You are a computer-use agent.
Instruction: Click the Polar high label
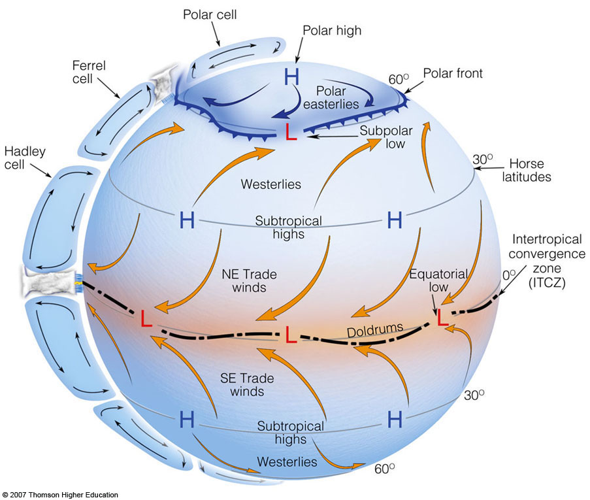[332, 31]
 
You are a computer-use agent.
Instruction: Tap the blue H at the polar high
[291, 77]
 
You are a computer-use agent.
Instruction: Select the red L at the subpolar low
[291, 132]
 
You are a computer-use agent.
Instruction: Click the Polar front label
[453, 73]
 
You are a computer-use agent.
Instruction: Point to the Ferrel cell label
[89, 72]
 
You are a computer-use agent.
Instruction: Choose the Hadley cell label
[25, 158]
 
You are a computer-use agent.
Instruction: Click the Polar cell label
[210, 14]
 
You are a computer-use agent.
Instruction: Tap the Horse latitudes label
[527, 170]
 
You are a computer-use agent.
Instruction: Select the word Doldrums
[375, 330]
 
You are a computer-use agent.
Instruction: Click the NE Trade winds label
[249, 280]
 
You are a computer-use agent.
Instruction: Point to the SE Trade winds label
[247, 385]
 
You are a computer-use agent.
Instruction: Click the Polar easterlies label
[331, 97]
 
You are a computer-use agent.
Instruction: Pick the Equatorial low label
[438, 280]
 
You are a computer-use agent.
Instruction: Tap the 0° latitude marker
[509, 275]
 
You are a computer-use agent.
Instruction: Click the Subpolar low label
[386, 137]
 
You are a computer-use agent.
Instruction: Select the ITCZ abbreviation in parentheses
[547, 282]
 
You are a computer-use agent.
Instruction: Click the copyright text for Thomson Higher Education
[60, 495]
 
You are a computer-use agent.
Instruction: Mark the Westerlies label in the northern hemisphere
[271, 184]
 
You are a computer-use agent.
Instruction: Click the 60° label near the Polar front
[399, 79]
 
